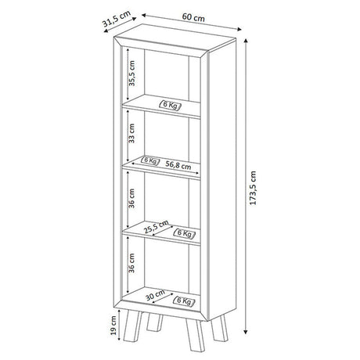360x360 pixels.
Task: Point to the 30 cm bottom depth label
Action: pos(155,295)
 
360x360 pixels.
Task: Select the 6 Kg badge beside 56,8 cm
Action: pos(151,160)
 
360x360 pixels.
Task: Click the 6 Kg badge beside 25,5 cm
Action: pos(185,232)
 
